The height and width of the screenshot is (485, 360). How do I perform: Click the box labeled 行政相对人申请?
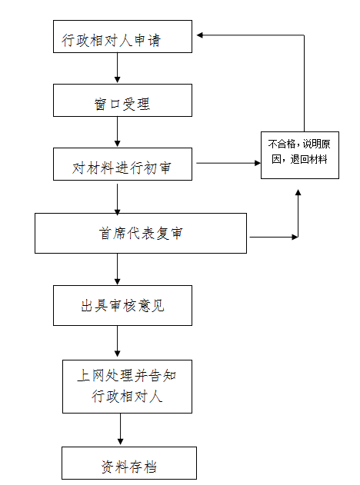(x=122, y=36)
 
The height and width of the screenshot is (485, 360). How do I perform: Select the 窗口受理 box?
(x=122, y=100)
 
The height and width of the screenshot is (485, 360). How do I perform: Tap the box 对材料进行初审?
(x=122, y=164)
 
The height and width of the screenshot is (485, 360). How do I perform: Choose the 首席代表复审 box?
(x=141, y=233)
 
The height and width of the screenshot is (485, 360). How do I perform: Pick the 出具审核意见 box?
(x=122, y=305)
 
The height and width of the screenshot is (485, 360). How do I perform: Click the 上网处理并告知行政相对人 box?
(x=127, y=387)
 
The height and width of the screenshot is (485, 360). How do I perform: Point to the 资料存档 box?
(x=129, y=463)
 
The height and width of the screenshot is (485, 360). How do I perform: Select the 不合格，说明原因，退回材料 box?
(x=300, y=155)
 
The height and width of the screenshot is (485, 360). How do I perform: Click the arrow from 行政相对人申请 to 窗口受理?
(x=118, y=68)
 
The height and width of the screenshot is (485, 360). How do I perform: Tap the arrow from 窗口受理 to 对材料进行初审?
(x=118, y=131)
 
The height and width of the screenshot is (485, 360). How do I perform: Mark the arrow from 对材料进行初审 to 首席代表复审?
(x=118, y=198)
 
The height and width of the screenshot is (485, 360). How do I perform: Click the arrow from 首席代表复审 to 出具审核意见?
(x=118, y=269)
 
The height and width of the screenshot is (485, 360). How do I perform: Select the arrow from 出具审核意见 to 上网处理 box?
(x=118, y=341)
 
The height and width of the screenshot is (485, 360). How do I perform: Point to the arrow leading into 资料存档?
(x=121, y=429)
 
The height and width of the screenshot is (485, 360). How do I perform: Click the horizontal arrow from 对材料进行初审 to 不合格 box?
(x=228, y=163)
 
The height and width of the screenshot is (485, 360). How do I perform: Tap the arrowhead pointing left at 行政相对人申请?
(x=200, y=35)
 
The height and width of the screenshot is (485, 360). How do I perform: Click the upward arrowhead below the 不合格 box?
(x=298, y=192)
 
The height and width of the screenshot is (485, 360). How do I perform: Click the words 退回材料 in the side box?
(x=309, y=159)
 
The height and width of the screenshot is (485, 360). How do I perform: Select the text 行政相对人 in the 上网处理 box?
(x=127, y=397)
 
